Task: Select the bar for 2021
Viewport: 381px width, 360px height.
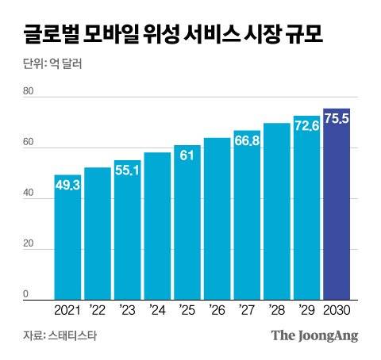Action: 67,238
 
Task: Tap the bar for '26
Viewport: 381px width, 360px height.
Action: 217,219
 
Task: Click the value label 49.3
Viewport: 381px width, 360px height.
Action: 68,186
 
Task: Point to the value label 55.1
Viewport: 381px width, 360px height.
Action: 127,170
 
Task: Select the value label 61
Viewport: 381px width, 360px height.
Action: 187,155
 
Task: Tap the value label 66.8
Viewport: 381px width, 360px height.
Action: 247,141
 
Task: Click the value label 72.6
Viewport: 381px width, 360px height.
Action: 306,126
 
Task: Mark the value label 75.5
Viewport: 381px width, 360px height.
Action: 336,119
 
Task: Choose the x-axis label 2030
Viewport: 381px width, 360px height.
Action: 336,310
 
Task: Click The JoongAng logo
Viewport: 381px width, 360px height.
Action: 314,335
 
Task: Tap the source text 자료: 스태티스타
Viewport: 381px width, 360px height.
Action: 60,335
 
